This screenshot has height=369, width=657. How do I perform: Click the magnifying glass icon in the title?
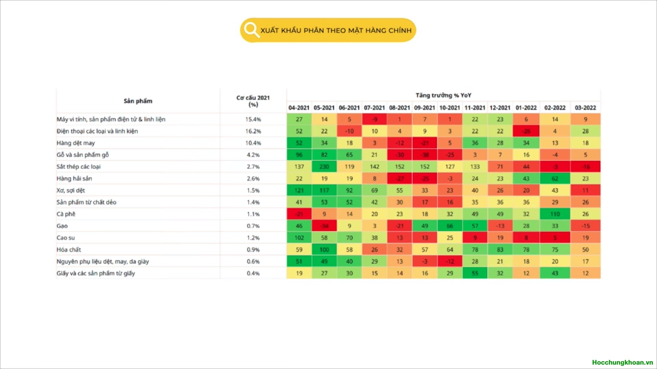tap(252, 30)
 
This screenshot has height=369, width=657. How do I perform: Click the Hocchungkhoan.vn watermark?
tap(622, 362)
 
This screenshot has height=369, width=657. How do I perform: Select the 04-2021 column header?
tap(299, 108)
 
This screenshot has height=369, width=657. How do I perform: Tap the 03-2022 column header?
tap(585, 108)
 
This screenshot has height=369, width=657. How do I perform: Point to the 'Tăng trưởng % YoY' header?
tap(443, 95)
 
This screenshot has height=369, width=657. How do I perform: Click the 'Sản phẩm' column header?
tap(138, 101)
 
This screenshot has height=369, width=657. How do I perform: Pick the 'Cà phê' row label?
tap(66, 214)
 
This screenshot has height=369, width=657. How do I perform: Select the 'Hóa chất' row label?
tap(69, 249)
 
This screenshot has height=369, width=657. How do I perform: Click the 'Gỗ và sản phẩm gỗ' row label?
tap(82, 155)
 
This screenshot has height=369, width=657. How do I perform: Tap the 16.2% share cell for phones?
tap(253, 131)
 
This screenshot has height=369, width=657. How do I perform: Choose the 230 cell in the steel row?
tap(324, 167)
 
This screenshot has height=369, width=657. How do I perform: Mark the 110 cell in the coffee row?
tap(555, 214)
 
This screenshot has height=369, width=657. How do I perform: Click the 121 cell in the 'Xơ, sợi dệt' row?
tap(299, 190)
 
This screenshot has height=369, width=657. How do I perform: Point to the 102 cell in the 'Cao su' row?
tap(299, 238)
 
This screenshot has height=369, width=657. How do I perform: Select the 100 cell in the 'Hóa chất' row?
tap(324, 249)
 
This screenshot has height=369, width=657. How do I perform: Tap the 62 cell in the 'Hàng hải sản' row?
tap(555, 178)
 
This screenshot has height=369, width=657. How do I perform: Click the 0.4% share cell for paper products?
tap(253, 273)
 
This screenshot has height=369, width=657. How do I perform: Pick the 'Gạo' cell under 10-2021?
tap(450, 226)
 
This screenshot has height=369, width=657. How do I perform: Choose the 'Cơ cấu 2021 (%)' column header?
tap(253, 101)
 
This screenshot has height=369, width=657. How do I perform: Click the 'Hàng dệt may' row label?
tap(76, 143)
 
